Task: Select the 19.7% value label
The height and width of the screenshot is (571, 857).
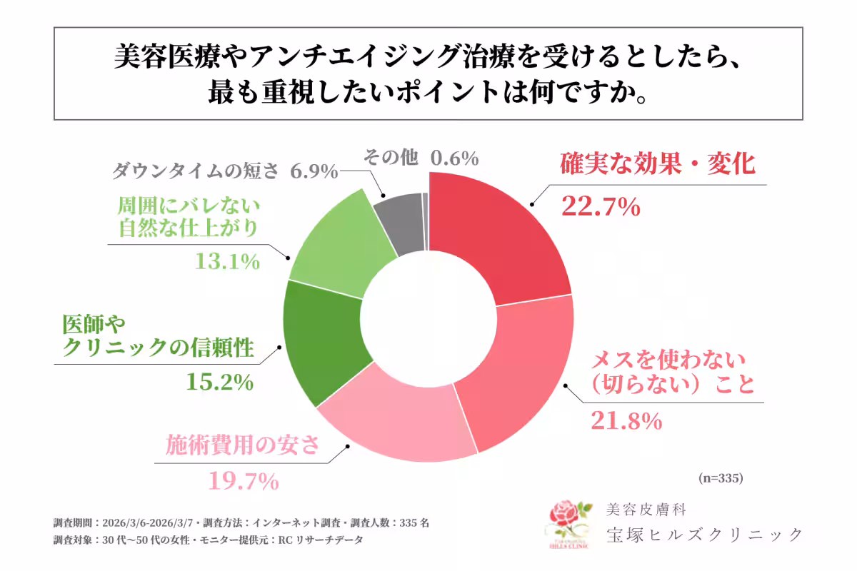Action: tap(243, 482)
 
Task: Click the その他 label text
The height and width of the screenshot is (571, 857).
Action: tap(390, 158)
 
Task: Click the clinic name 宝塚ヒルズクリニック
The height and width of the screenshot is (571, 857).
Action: tap(703, 534)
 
